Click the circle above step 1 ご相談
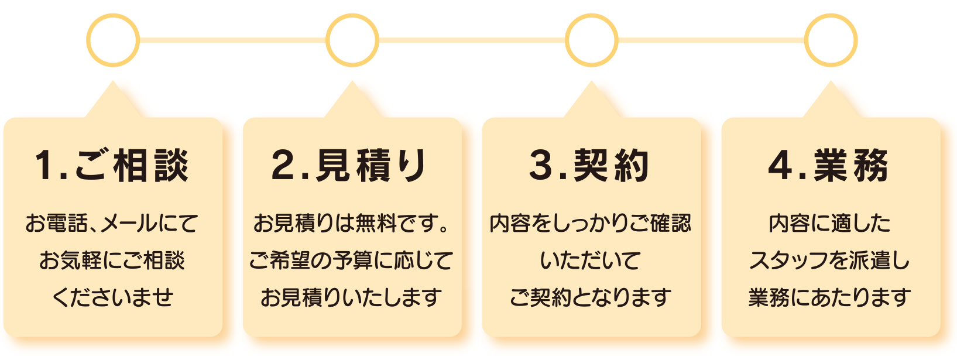113,40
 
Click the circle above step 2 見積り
352,40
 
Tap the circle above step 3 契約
591,40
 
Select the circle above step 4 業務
830,40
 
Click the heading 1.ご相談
112,166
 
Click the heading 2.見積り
350,166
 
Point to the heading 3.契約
589,166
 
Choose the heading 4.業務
828,166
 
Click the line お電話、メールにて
112,223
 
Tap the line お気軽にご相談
112,260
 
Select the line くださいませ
112,297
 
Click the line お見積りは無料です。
351,223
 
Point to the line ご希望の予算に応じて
351,260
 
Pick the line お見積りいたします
351,297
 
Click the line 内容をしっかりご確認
591,223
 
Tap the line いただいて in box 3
591,260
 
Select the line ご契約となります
591,297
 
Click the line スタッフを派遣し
829,260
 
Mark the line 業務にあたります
829,297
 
